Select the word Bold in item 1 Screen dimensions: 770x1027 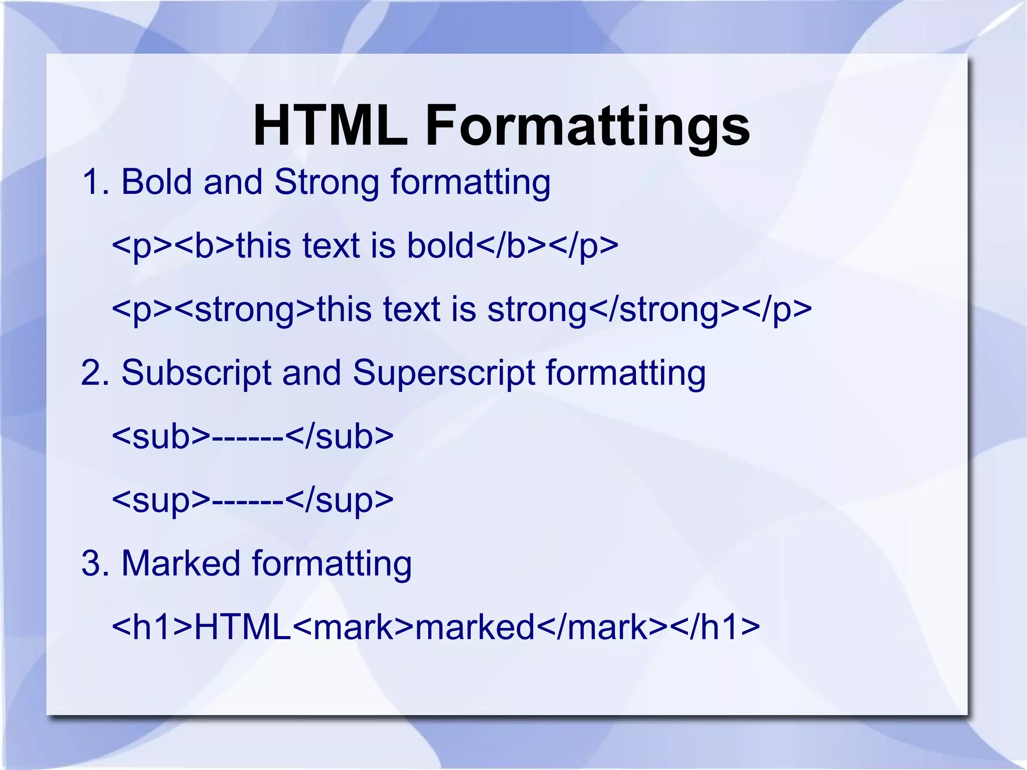coord(156,182)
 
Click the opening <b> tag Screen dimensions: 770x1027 coord(205,246)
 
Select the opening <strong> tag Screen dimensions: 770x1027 coord(246,309)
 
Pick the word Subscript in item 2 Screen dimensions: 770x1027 coord(196,373)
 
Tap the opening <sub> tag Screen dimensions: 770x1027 coord(161,436)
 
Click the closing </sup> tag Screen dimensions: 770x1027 coord(340,500)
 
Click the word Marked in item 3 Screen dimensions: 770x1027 coord(181,563)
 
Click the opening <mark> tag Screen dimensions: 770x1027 coord(353,627)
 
